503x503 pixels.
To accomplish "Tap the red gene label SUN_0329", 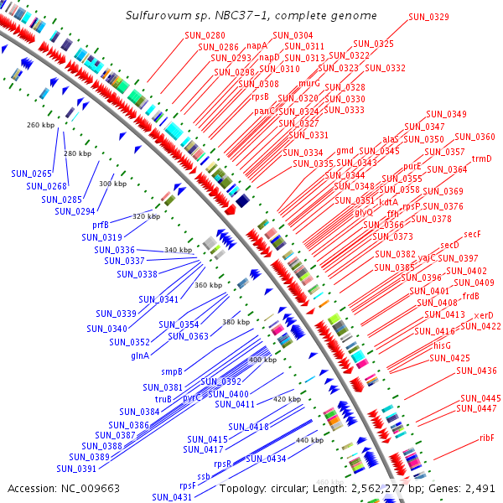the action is [x=428, y=17].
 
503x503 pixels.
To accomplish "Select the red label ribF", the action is [x=487, y=438].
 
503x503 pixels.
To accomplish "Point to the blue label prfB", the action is [x=101, y=225].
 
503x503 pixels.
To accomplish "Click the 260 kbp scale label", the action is [x=41, y=125].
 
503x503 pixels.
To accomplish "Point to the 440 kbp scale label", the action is [x=310, y=440].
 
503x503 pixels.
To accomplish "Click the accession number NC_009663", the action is [x=86, y=487].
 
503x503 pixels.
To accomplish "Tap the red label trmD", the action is [x=481, y=158].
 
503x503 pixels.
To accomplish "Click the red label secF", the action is [x=472, y=234].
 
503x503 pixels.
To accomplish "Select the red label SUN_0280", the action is [x=205, y=35].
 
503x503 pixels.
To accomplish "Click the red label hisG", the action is [x=442, y=345].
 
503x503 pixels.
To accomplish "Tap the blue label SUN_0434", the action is [x=266, y=459].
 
